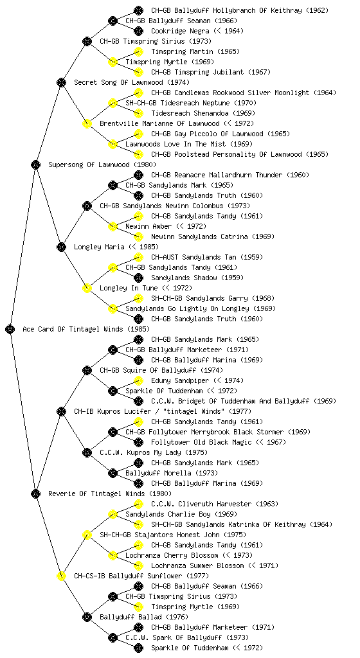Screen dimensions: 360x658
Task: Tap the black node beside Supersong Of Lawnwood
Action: (x=35, y=164)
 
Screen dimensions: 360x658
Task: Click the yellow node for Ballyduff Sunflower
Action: (x=61, y=576)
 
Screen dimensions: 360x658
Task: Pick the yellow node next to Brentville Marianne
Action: (x=87, y=123)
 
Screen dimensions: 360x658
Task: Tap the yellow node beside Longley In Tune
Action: (x=87, y=288)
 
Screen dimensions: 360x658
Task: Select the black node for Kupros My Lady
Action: (x=87, y=452)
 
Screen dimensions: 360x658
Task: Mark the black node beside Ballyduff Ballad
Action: (x=87, y=617)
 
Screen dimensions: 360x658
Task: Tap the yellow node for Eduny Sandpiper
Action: (x=138, y=380)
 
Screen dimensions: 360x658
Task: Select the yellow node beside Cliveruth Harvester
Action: (x=138, y=504)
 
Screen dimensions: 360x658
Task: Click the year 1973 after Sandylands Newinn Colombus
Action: (x=239, y=206)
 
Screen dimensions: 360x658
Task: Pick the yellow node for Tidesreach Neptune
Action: (x=113, y=103)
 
